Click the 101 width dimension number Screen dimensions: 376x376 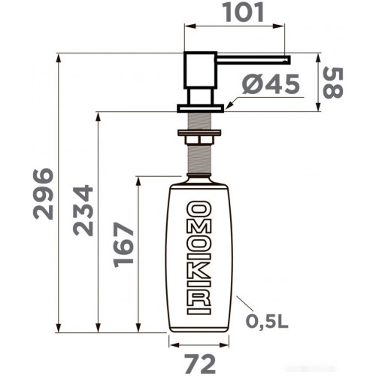pyautogui.click(x=244, y=12)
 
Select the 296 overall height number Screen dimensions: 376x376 pyautogui.click(x=44, y=194)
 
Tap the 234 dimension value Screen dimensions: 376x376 pyautogui.click(x=83, y=211)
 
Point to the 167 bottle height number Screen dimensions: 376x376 pyautogui.click(x=123, y=245)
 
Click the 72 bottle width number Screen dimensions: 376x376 pyautogui.click(x=200, y=364)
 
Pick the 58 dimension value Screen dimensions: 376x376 pyautogui.click(x=333, y=83)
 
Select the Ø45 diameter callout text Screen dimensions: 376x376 pyautogui.click(x=271, y=84)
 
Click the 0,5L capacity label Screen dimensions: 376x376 pyautogui.click(x=267, y=321)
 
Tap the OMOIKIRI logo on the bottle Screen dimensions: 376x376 pyautogui.click(x=199, y=258)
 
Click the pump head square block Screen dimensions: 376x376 pyautogui.click(x=200, y=70)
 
